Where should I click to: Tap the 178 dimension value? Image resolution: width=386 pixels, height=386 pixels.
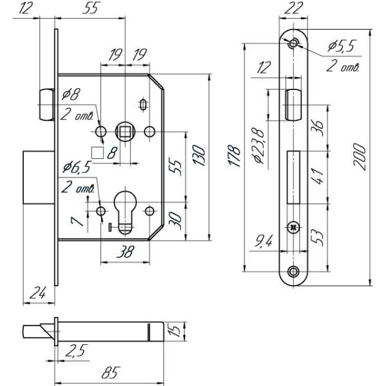click(x=236, y=154)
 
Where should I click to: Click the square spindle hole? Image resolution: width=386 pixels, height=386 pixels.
click(x=124, y=132)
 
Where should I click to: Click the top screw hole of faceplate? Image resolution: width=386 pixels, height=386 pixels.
click(x=294, y=44)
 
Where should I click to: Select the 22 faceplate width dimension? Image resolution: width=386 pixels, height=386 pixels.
click(x=294, y=8)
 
